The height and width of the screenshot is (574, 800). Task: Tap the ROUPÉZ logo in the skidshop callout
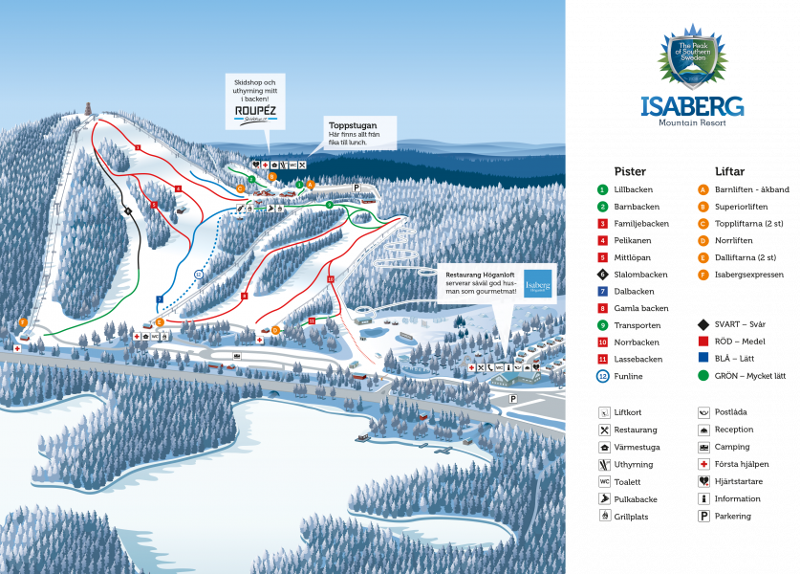click(x=255, y=112)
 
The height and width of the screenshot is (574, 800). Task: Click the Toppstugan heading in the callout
click(x=353, y=124)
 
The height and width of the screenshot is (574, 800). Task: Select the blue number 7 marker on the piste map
click(x=160, y=299)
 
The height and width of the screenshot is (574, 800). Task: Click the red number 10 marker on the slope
click(x=330, y=278)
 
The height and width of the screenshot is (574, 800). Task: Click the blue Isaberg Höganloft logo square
click(x=537, y=282)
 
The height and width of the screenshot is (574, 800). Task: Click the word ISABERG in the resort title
click(x=692, y=105)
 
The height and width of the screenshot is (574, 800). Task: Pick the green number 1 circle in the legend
click(x=603, y=189)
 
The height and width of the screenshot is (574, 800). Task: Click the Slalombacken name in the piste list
click(x=641, y=274)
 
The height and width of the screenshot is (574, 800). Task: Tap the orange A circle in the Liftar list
click(x=703, y=189)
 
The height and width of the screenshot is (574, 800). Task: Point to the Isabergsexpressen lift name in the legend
click(x=751, y=274)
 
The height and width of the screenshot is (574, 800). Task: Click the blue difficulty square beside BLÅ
click(x=703, y=359)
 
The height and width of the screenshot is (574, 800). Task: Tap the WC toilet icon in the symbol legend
click(x=604, y=481)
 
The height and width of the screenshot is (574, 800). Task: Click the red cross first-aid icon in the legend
click(x=703, y=464)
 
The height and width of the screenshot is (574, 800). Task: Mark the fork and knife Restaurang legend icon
click(x=604, y=430)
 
